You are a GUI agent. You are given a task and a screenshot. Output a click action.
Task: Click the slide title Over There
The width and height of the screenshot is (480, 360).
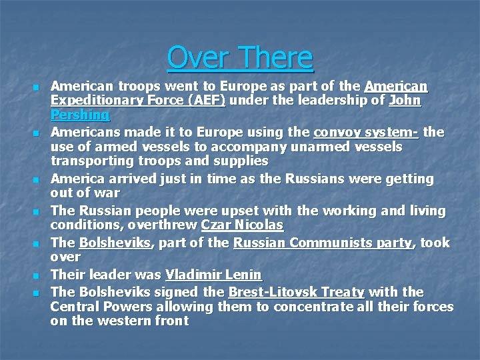pos(240,57)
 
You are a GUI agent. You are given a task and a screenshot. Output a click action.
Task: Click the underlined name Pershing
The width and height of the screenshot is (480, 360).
pos(80,115)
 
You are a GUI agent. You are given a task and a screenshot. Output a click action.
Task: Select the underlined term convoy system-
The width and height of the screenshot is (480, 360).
pos(366,132)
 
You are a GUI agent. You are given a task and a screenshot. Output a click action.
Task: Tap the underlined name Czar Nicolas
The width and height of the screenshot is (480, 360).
pos(242,225)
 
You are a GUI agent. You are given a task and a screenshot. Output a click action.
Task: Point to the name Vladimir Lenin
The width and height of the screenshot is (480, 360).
pos(213,275)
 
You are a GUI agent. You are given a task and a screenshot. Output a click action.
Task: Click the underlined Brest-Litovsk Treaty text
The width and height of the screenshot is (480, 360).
pos(296,292)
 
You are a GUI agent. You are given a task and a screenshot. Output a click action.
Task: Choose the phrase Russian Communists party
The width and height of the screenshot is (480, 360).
pos(323,243)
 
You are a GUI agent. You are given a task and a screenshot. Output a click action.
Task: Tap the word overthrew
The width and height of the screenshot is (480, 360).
pos(165,225)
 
